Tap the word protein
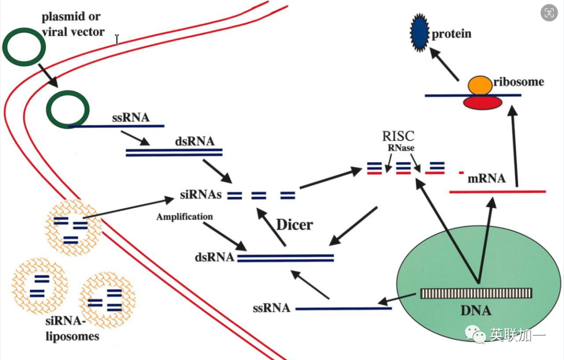(x=451, y=34)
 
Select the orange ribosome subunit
(x=479, y=85)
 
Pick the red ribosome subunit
(x=483, y=102)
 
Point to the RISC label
(x=398, y=136)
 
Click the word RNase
(x=401, y=148)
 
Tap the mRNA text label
(x=487, y=179)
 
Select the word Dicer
(x=295, y=225)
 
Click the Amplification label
(x=184, y=216)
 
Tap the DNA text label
(x=476, y=311)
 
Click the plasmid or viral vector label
(x=73, y=25)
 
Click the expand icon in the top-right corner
(x=549, y=14)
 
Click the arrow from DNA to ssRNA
(x=399, y=298)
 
